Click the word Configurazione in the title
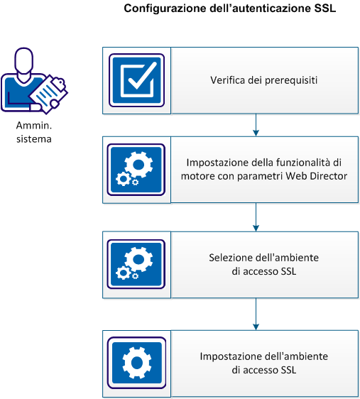tap(158, 10)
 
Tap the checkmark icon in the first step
tap(136, 80)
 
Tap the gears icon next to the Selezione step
tap(136, 263)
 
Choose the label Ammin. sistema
tap(34, 132)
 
